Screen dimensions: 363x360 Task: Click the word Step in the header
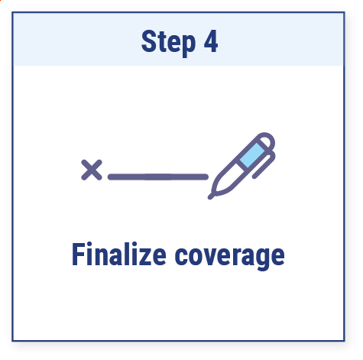coord(168,42)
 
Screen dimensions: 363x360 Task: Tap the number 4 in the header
coord(211,41)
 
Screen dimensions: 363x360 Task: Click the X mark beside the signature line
coord(92,170)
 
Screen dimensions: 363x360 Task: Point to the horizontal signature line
coord(158,177)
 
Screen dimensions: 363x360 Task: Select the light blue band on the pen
coord(252,155)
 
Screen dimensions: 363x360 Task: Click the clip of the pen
coord(264,164)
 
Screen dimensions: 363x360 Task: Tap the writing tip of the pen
coord(211,196)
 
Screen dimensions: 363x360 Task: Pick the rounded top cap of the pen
coord(266,140)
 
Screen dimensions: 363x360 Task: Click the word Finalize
coord(119,254)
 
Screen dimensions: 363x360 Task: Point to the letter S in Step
coord(148,41)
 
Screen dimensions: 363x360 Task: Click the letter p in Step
coord(189,45)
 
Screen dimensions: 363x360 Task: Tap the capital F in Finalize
coord(78,254)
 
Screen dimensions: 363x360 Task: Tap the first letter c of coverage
coord(181,257)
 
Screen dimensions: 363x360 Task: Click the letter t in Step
coord(161,43)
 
